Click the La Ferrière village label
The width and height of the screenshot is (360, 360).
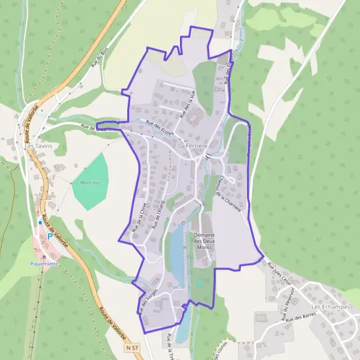(193, 146)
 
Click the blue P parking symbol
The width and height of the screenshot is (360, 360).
(49, 236)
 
